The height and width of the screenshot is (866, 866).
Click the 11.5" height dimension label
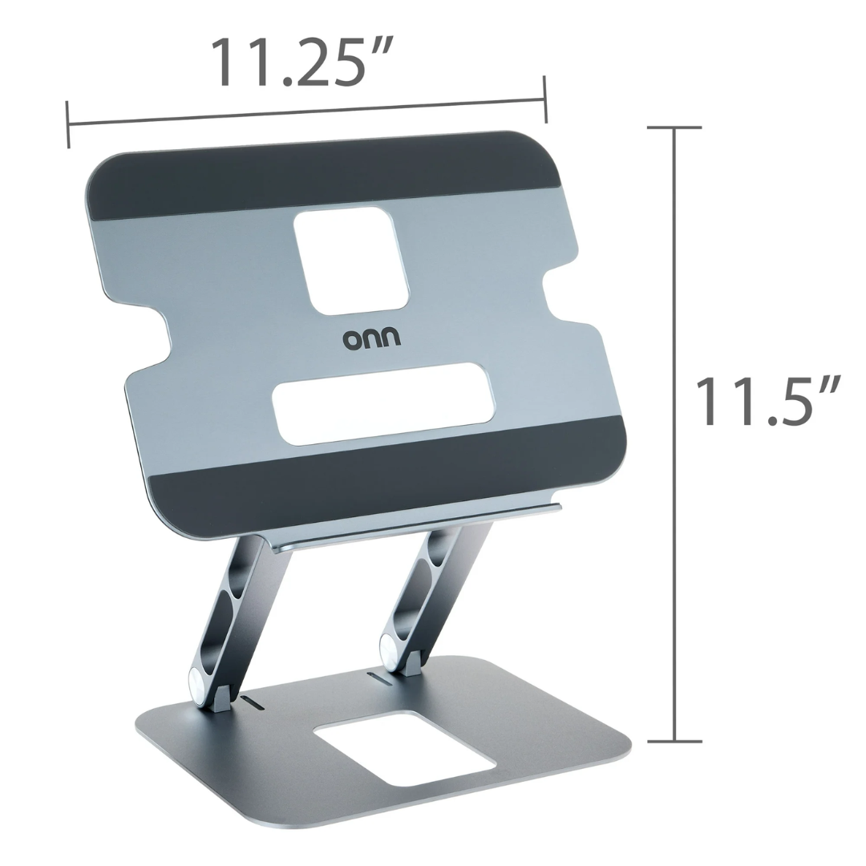point(767,401)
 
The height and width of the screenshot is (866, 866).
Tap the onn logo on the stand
point(372,338)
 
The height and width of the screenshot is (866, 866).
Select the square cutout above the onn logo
point(350,260)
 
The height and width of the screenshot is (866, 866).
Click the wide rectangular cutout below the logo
point(383,403)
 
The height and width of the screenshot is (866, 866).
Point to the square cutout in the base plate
point(403,747)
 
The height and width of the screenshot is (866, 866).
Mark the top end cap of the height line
point(674,127)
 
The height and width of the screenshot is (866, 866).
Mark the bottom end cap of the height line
point(674,740)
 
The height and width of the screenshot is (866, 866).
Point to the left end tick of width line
point(68,124)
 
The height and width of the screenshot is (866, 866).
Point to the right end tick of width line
point(545,99)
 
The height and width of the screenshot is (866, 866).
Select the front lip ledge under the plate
point(417,525)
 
